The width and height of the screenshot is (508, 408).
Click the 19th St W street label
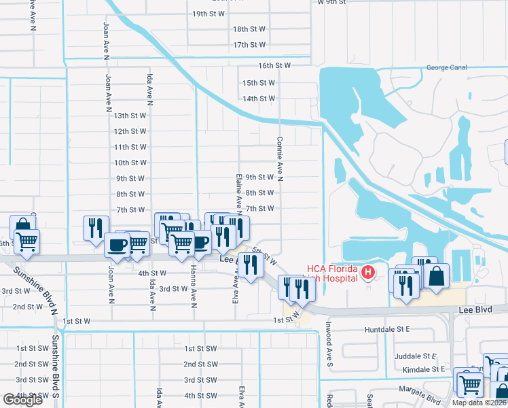coord(209,14)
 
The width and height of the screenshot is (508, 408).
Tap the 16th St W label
coord(274,66)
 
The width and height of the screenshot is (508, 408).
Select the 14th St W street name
coord(259,99)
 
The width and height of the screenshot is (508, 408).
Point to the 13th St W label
coord(130,116)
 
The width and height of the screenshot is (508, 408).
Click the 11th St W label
coord(130,148)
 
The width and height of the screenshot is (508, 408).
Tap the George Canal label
coord(446,68)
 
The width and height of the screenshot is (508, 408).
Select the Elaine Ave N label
coord(239,190)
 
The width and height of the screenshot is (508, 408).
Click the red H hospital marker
coord(368,273)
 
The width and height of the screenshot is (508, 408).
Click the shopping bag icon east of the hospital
coord(438,276)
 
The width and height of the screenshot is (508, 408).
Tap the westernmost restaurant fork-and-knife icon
coord(95,227)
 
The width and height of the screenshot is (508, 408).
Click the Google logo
coord(22,400)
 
